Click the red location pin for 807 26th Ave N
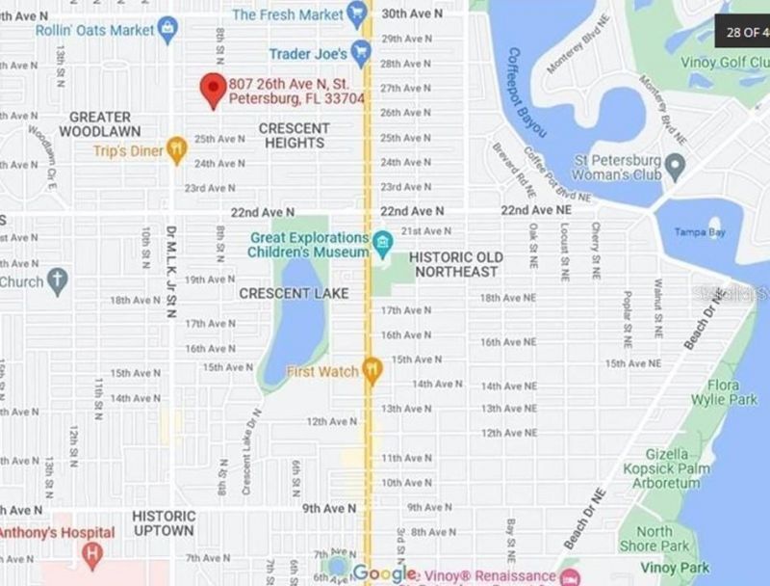(213, 89)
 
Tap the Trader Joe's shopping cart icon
(361, 52)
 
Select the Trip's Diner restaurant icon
(175, 150)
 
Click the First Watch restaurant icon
(372, 371)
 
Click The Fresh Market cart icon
(357, 13)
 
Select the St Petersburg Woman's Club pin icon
(675, 167)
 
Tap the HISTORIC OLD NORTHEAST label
(455, 264)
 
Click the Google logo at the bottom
(385, 573)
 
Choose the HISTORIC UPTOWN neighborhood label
(163, 522)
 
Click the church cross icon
(57, 282)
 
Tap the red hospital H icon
(92, 554)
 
